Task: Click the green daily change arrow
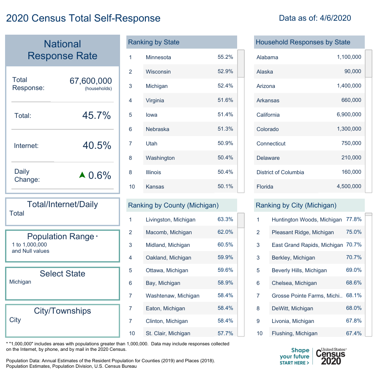[82, 175]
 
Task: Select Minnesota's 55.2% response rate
[225, 57]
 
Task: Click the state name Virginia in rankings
[155, 101]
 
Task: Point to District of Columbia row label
[280, 172]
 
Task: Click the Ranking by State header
[154, 42]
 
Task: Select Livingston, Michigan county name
[170, 220]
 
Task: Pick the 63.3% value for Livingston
[225, 220]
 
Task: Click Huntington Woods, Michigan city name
[306, 220]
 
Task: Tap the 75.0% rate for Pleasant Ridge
[354, 232]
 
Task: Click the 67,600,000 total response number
[90, 81]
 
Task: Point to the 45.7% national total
[96, 115]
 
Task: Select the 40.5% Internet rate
[97, 146]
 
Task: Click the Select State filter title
[63, 273]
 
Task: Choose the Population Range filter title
[60, 236]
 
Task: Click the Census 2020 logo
[331, 357]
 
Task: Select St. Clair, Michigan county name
[168, 334]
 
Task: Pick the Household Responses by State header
[303, 42]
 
